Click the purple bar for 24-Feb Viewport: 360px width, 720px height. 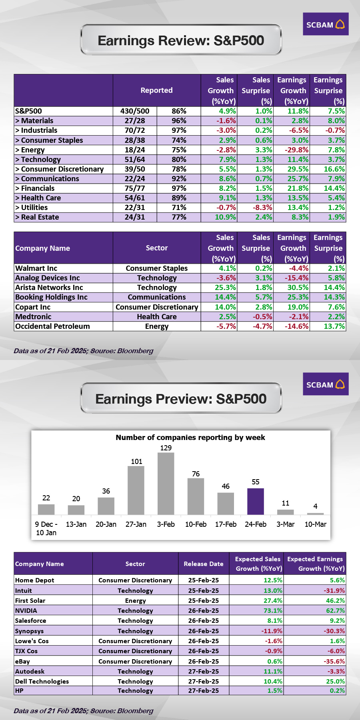(x=255, y=501)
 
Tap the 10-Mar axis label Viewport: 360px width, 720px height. (x=315, y=524)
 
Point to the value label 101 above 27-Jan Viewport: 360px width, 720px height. (x=136, y=461)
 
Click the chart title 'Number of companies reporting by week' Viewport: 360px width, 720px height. (x=190, y=437)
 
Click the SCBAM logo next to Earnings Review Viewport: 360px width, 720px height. (x=325, y=24)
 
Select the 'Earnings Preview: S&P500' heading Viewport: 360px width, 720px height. (x=181, y=399)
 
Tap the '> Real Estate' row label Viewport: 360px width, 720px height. (x=37, y=217)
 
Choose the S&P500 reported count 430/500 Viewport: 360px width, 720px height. (x=135, y=111)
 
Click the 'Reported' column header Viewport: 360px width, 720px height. (x=156, y=90)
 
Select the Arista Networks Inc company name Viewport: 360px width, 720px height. (x=49, y=288)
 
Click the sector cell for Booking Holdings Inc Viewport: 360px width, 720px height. (x=157, y=297)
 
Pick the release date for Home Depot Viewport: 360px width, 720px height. (x=204, y=580)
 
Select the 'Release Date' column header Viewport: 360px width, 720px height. (x=204, y=564)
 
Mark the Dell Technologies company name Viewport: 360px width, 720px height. (x=42, y=681)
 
